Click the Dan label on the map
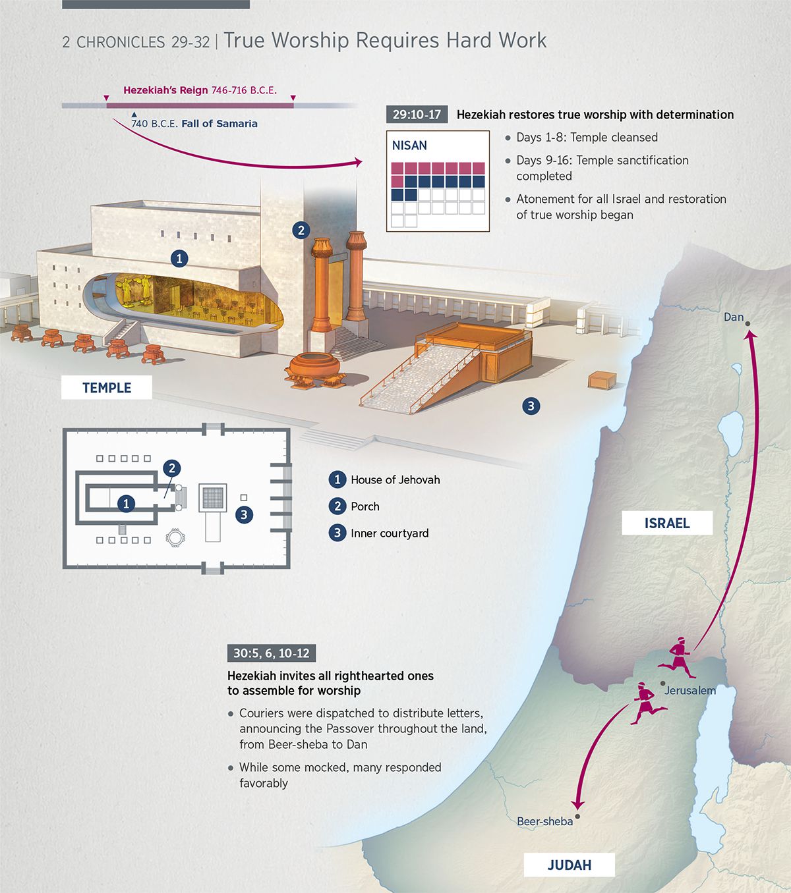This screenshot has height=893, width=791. pyautogui.click(x=733, y=317)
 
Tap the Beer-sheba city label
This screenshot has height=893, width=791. pyautogui.click(x=544, y=821)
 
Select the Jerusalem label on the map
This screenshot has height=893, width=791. pyautogui.click(x=689, y=690)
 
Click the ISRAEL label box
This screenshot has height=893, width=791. pyautogui.click(x=666, y=523)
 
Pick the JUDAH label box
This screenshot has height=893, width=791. pyautogui.click(x=569, y=865)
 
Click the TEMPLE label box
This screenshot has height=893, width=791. pyautogui.click(x=107, y=388)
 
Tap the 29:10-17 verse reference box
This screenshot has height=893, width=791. pyautogui.click(x=417, y=114)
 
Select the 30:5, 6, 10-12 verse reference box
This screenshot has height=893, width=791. pyautogui.click(x=271, y=653)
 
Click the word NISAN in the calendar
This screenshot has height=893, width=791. pyautogui.click(x=409, y=146)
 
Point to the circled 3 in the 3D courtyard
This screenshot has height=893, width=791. pyautogui.click(x=531, y=406)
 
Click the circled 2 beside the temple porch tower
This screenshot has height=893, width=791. pyautogui.click(x=301, y=230)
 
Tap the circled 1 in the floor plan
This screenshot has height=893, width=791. pyautogui.click(x=126, y=504)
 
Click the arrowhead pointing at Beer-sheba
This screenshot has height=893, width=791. pyautogui.click(x=578, y=805)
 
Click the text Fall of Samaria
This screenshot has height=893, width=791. pyautogui.click(x=219, y=124)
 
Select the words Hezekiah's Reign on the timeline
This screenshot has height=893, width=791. pyautogui.click(x=165, y=90)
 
